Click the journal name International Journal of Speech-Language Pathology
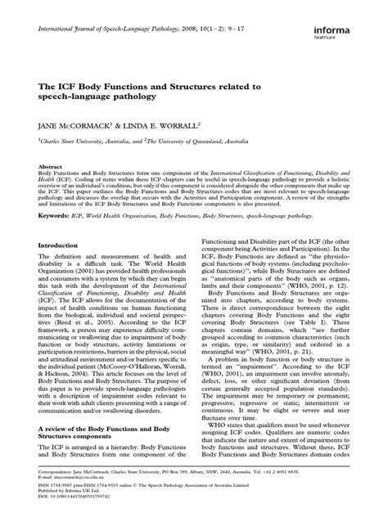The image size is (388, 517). tap(109, 28)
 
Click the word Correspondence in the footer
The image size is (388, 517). tap(49, 471)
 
